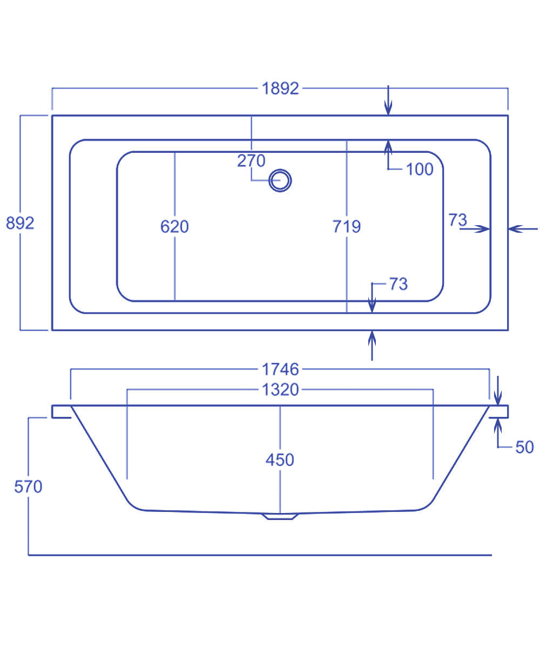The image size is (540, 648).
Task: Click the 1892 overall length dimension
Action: tap(280, 89)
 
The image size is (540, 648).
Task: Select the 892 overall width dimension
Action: tap(20, 222)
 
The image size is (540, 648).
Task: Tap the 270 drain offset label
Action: tap(251, 161)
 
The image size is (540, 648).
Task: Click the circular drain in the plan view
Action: tap(280, 180)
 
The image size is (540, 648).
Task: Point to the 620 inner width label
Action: tap(174, 227)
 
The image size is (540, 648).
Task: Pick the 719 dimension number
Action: tap(346, 227)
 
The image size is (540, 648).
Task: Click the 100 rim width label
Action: tap(420, 170)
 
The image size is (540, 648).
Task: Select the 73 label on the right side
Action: tap(457, 220)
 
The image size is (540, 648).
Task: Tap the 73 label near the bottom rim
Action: tap(398, 284)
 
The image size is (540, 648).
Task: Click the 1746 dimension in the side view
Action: tap(280, 369)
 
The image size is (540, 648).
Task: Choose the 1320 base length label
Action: tap(280, 389)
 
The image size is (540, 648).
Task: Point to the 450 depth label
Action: tap(280, 460)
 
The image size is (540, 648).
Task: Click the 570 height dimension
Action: tap(28, 487)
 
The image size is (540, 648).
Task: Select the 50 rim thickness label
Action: tap(524, 447)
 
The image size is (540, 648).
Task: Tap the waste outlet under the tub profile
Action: tap(280, 516)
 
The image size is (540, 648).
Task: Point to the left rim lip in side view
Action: tap(60, 411)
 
